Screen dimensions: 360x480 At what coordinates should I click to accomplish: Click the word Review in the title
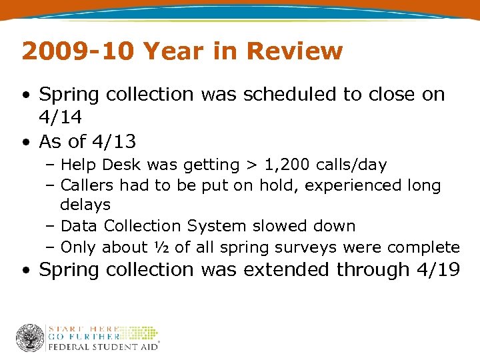(294, 51)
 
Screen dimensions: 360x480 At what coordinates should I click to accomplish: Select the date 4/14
(60, 117)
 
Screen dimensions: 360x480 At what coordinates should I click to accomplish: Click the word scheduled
(291, 95)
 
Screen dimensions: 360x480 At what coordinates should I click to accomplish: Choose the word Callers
(87, 185)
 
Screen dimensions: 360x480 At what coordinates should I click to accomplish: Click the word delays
(85, 205)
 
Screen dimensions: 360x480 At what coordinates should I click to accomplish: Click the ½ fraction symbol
(161, 247)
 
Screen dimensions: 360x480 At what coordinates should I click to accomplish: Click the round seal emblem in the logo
(30, 338)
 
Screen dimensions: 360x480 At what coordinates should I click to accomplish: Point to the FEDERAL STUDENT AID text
(101, 346)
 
